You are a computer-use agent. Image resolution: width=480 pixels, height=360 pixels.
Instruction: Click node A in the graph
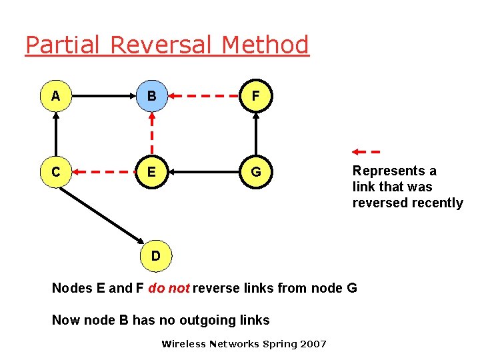[56, 96]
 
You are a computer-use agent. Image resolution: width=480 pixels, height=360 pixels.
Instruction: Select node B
[152, 96]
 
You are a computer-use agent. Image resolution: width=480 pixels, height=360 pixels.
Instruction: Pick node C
[56, 172]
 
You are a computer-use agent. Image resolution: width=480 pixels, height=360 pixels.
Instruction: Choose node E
[152, 172]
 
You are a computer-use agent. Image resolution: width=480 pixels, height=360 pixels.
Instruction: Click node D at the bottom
[155, 256]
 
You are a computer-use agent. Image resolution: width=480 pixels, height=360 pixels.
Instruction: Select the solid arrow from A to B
[103, 96]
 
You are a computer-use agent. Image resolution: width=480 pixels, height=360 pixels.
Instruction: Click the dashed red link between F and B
[204, 96]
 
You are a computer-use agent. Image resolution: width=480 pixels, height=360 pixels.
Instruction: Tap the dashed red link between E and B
[152, 134]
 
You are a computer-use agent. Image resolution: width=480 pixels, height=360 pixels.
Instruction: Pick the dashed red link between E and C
[104, 172]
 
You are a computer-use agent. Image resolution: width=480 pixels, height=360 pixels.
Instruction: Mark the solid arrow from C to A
[56, 134]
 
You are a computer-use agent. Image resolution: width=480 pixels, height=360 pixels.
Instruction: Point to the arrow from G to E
[204, 172]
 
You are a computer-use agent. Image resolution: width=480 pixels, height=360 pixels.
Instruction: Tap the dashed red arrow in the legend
[365, 151]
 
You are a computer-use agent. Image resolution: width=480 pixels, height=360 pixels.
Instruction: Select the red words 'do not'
[169, 288]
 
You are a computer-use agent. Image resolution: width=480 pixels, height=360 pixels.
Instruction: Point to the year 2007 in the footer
[313, 344]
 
